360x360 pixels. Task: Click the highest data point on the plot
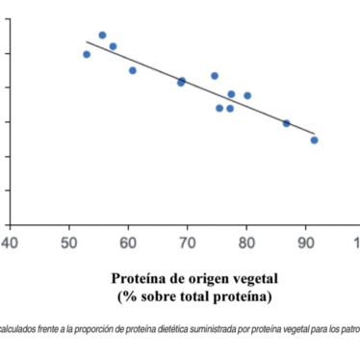click(102, 36)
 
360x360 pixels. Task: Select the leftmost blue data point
click(87, 54)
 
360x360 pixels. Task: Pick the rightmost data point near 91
click(314, 140)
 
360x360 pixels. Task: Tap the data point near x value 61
click(133, 70)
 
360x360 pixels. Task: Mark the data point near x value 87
click(286, 123)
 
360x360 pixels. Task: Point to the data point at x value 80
click(247, 95)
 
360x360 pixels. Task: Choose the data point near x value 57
click(113, 46)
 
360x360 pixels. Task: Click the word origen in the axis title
click(197, 279)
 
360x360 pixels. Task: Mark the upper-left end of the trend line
click(87, 41)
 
